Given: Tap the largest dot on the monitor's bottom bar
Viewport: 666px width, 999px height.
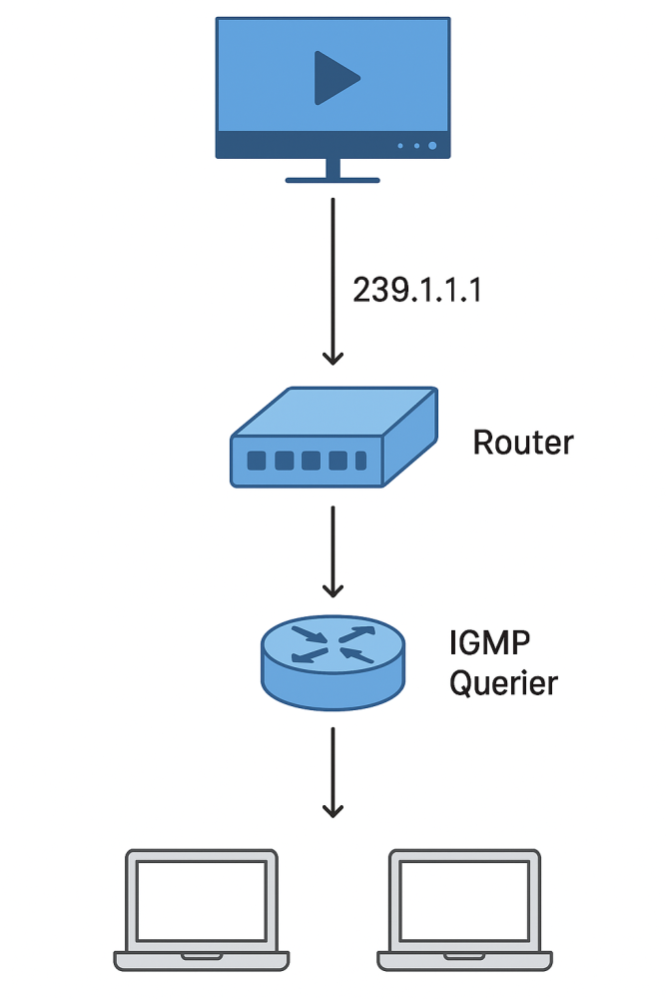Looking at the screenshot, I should pos(432,146).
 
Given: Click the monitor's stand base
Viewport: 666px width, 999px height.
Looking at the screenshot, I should pos(333,180).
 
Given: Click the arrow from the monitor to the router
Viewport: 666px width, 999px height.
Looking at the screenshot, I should pos(333,280).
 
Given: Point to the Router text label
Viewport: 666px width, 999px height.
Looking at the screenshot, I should pos(523,442).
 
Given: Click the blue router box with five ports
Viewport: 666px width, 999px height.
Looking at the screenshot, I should pos(333,440).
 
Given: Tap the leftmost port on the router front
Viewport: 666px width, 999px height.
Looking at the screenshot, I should pos(257,462).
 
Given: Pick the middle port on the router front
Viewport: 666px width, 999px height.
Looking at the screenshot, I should pos(310,462).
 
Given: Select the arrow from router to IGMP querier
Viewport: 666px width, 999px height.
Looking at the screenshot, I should pos(333,550).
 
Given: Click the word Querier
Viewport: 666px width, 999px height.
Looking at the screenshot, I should pos(503,684).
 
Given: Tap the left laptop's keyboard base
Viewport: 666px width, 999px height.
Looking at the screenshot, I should pos(201,960).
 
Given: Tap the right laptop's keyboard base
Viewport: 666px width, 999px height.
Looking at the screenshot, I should pos(464,960).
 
